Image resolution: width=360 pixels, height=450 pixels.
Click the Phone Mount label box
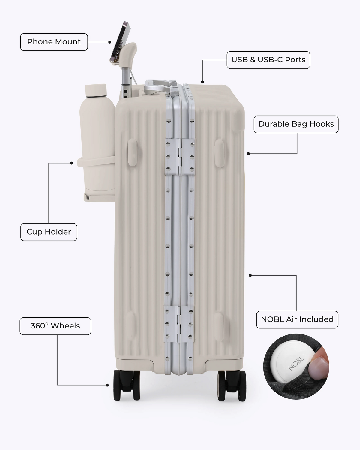(54, 42)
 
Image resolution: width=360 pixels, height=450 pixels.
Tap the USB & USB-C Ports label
(268, 60)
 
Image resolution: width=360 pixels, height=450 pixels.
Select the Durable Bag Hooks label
(296, 124)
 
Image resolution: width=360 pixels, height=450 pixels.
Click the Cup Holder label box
(49, 232)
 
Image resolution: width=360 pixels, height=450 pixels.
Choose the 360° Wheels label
(55, 326)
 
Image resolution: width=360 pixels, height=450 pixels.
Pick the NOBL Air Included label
(297, 320)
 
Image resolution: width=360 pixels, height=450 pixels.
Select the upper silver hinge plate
(180, 157)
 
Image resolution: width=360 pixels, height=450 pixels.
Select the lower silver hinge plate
(178, 324)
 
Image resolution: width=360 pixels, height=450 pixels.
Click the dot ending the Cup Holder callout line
(71, 163)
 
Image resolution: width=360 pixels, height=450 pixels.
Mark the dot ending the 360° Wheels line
(107, 385)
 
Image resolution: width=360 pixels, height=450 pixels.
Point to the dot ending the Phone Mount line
(110, 42)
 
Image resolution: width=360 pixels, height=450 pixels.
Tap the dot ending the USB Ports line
(202, 82)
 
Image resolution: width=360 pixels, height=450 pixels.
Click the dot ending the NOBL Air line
(250, 275)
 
